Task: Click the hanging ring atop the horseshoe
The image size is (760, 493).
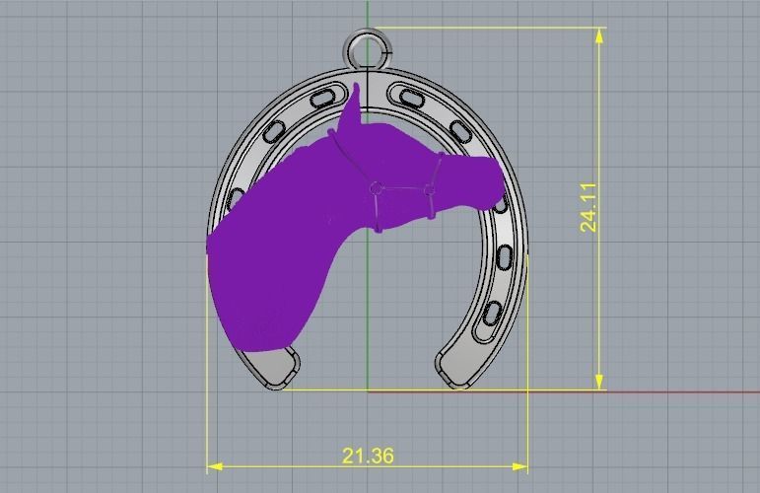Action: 368,47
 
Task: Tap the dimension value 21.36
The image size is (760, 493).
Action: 368,456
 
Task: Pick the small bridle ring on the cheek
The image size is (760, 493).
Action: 376,187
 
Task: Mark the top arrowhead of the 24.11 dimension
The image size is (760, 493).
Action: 599,35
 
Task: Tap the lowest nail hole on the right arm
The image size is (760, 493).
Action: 490,316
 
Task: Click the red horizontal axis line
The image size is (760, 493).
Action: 680,390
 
